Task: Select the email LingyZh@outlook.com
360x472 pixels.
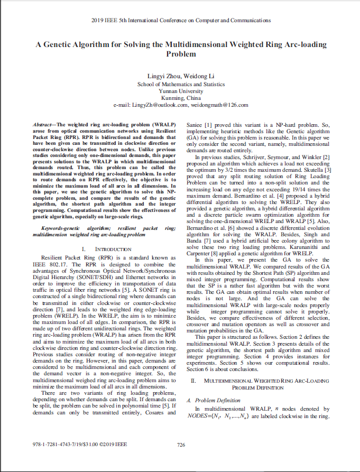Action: coord(161,105)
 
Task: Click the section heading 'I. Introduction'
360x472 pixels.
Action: coord(104,248)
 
